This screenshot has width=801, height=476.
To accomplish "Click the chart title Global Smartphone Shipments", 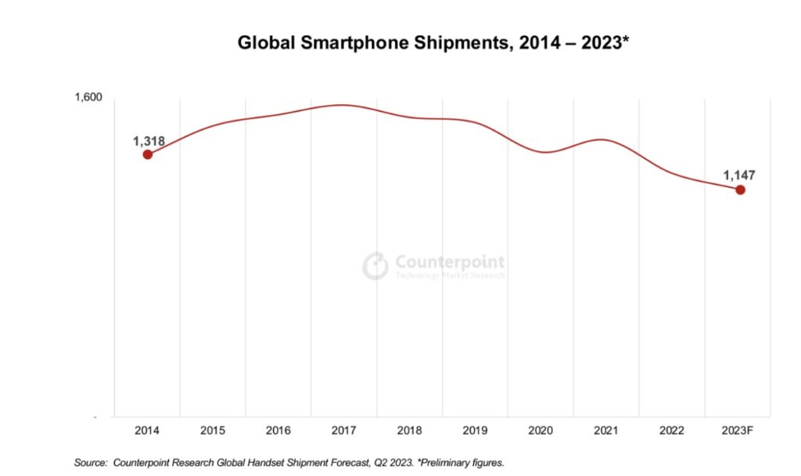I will point(433,44).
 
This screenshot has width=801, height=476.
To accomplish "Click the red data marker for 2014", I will point(147,154).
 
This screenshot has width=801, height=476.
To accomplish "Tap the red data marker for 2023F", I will point(740,190).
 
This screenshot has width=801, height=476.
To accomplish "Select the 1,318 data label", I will point(149,141).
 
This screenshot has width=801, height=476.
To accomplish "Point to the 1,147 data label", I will point(739,176).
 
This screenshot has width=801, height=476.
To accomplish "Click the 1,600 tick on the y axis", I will point(88,98).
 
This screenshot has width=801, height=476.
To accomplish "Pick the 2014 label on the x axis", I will point(147,431).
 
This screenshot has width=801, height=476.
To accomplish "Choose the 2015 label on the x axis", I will point(213,431).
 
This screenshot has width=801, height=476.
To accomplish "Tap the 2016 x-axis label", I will point(278,431).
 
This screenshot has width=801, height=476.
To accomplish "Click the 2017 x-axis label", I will point(344,431).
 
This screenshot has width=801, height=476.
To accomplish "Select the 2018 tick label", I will point(410,431).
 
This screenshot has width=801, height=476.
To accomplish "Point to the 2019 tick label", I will point(476,431).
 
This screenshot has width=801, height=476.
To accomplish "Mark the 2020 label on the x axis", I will point(541,431).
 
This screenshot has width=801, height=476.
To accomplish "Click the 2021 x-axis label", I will point(607,431).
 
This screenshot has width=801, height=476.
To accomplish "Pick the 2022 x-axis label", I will point(673,431).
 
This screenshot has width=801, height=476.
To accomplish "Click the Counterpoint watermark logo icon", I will point(375,266).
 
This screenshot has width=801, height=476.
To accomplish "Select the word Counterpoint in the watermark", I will point(450,261).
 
